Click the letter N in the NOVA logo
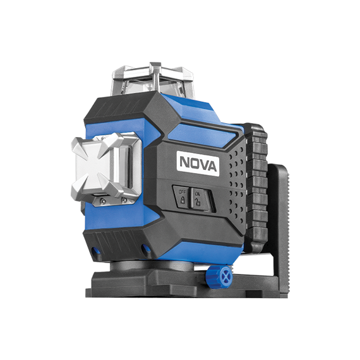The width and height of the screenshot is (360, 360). pos(184,162)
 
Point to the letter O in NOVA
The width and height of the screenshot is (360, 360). pos(195,163)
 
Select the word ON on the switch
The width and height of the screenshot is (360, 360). pos(198,193)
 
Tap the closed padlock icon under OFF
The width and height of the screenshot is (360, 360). pos(183,200)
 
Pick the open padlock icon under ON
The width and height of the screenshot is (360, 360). pos(198,201)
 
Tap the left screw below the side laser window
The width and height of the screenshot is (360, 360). pos(103,201)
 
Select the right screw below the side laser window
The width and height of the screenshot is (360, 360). pos(124,200)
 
